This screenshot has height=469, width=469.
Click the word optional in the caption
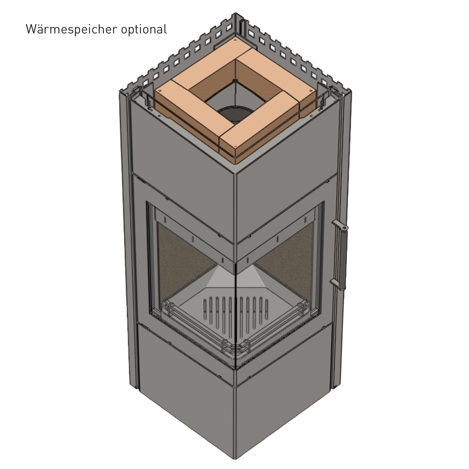[144, 30]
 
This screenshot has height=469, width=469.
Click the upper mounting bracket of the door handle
[339, 225]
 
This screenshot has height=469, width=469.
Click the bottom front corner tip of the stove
[235, 458]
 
